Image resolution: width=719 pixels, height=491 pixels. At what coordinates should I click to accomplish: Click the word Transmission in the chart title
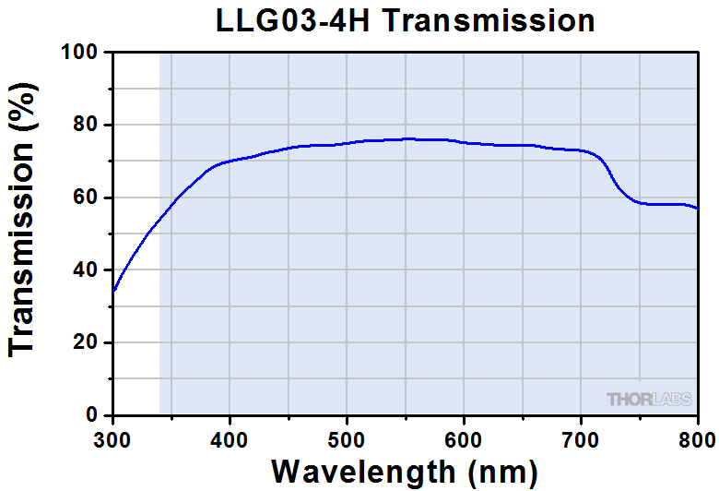click(x=489, y=20)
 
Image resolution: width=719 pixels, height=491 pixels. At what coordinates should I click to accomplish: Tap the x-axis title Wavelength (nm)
click(x=405, y=472)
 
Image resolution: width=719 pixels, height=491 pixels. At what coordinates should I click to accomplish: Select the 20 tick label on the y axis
click(x=86, y=342)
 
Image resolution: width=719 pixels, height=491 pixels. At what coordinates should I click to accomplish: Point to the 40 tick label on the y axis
click(x=86, y=270)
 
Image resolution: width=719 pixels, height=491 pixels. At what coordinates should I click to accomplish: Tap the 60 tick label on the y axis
click(x=86, y=198)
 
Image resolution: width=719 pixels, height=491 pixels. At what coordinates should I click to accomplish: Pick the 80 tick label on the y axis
click(x=86, y=125)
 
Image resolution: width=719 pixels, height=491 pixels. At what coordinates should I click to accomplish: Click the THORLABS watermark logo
click(x=649, y=399)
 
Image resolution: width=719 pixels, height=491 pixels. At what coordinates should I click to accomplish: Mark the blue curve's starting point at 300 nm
click(x=112, y=292)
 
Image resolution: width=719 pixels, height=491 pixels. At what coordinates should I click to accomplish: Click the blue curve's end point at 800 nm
click(x=698, y=210)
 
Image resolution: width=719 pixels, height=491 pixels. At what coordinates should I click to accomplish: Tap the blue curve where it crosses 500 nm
click(x=347, y=143)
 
